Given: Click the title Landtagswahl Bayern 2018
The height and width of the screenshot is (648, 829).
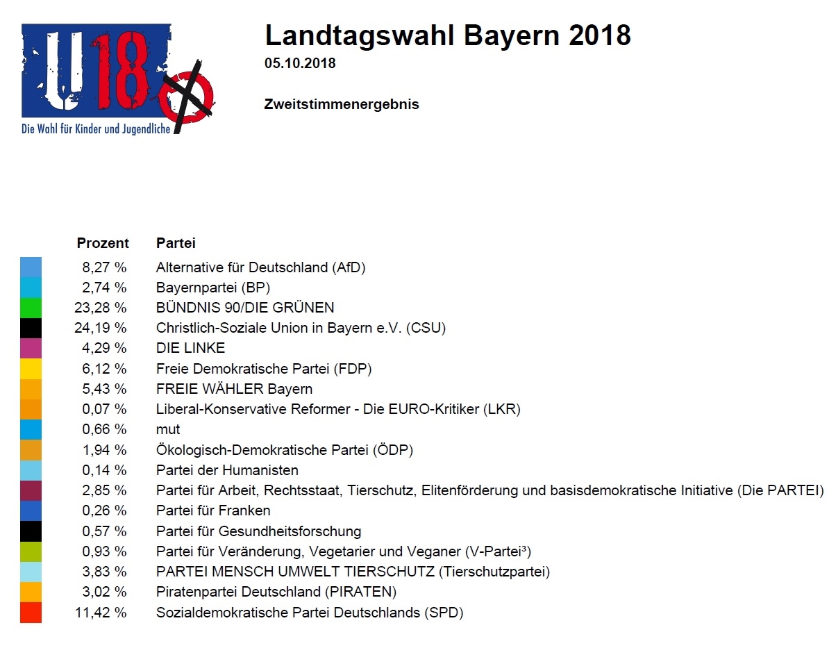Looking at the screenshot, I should tap(448, 35).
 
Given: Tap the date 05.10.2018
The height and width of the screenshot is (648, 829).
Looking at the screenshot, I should tap(300, 64).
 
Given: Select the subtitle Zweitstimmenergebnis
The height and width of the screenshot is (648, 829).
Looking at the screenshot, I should tap(342, 105).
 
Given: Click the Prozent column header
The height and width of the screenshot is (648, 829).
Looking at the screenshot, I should tap(103, 243).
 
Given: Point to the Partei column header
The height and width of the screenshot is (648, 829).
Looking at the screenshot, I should tap(176, 243).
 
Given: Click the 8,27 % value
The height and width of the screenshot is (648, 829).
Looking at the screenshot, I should tap(103, 267).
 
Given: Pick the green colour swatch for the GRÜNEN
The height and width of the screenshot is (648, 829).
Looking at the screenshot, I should tap(31, 308).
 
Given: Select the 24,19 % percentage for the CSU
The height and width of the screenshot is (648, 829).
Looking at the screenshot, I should tap(101, 328).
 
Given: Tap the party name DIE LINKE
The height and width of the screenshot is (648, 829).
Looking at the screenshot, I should tap(191, 348).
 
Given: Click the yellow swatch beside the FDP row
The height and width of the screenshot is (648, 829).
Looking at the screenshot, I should tap(31, 368).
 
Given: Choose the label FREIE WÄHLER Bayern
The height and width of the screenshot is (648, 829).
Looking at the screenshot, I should tap(234, 389).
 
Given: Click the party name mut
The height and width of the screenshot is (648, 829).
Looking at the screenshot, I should tap(168, 429).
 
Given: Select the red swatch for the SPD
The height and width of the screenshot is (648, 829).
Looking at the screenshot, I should tap(31, 613).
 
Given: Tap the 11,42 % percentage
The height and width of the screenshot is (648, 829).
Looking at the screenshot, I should tap(101, 613).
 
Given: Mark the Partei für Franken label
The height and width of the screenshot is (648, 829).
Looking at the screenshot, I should tap(213, 510).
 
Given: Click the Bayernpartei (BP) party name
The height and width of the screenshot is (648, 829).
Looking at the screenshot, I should tap(213, 288).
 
